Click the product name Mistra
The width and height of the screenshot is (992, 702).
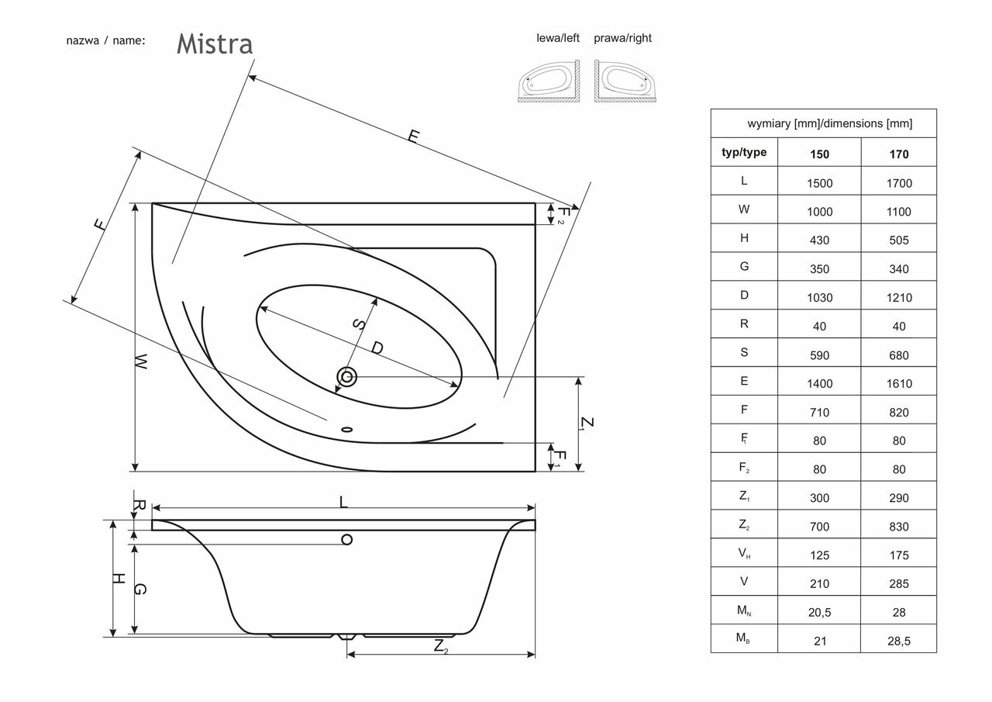(215, 44)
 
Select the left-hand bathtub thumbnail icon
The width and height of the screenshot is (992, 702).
(548, 81)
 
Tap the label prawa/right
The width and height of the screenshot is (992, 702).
(622, 38)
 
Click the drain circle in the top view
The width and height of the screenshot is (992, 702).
(346, 378)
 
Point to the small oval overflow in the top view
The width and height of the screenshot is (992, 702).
(346, 427)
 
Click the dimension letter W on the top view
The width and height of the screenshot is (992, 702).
(140, 361)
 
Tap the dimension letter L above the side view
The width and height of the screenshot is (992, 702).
(343, 502)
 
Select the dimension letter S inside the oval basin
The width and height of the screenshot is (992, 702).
(358, 325)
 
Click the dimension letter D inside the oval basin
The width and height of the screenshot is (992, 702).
(377, 348)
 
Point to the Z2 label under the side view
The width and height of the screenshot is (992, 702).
(440, 645)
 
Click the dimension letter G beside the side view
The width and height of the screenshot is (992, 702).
(140, 590)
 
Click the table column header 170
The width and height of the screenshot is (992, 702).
(898, 154)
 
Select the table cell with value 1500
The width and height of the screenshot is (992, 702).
(819, 183)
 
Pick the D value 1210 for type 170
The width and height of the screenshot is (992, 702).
(898, 298)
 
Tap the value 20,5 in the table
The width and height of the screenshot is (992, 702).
(819, 613)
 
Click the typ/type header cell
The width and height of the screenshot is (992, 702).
(744, 153)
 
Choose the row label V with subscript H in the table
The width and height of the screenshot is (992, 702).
(744, 555)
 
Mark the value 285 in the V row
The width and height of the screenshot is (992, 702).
(898, 584)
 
